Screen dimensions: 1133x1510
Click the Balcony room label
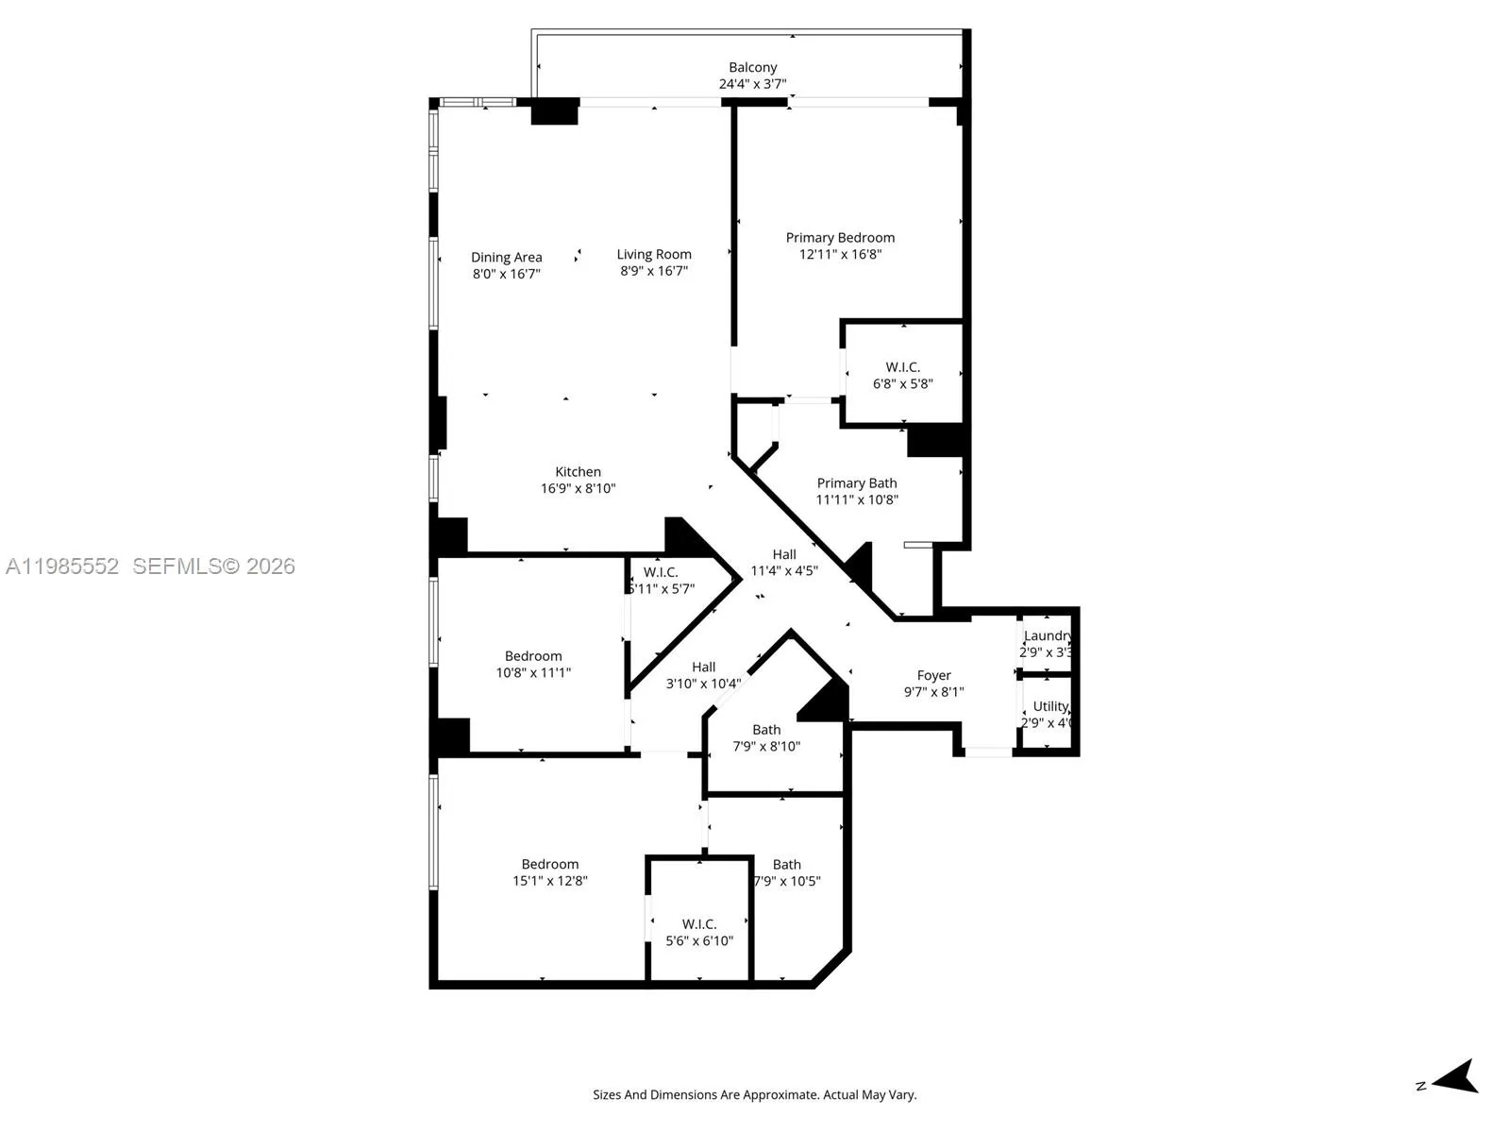(752, 67)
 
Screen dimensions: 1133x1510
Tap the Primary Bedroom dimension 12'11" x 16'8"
(840, 254)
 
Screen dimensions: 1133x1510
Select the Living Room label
(654, 254)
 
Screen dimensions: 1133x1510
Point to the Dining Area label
(507, 257)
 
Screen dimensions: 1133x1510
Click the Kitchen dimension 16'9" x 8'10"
(578, 488)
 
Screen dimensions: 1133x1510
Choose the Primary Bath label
(856, 482)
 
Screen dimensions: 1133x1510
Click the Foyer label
(933, 675)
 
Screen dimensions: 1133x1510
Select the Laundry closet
(1048, 643)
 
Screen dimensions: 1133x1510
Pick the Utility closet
(1049, 714)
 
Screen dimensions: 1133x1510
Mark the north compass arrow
(1457, 1077)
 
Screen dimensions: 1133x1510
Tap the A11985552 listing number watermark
(62, 566)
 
